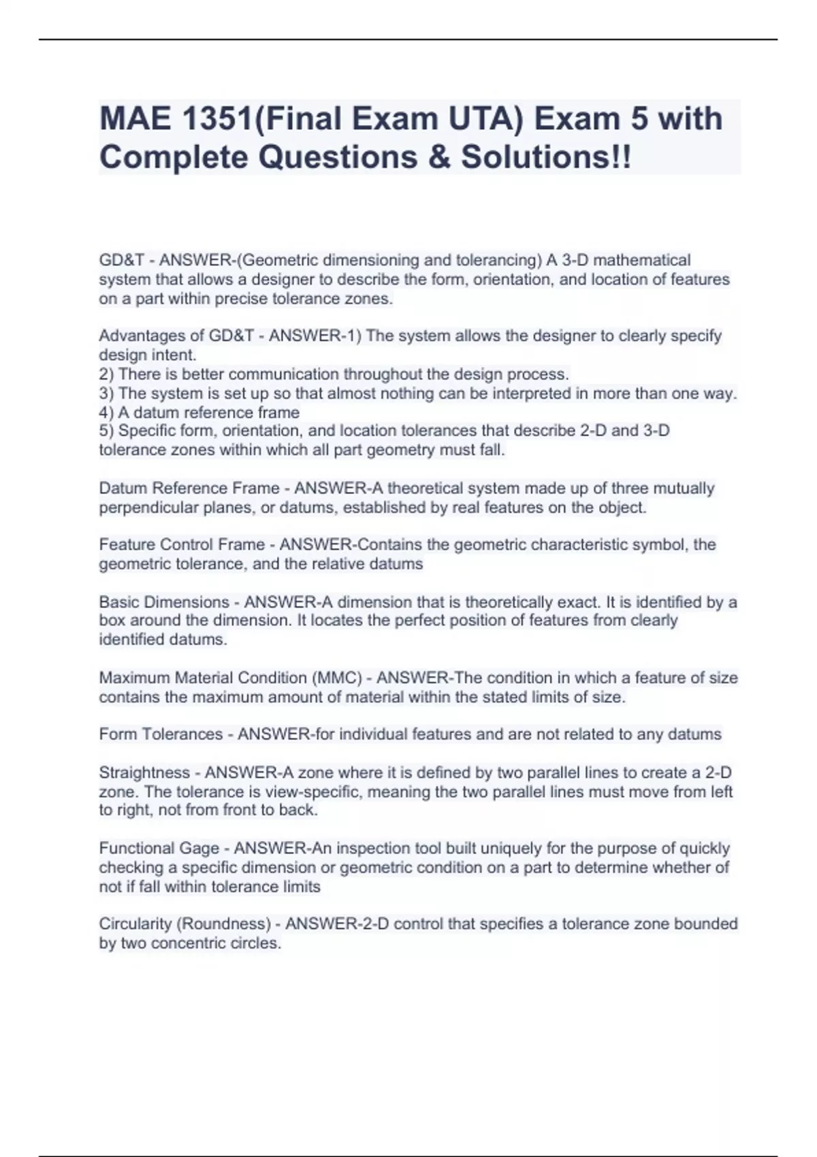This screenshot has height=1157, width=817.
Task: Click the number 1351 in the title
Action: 208,118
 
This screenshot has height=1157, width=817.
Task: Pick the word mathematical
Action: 642,260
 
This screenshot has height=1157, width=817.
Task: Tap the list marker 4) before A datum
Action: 107,412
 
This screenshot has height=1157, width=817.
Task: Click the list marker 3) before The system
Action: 107,393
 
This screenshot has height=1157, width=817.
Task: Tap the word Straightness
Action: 144,772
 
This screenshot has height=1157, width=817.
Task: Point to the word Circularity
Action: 135,924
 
